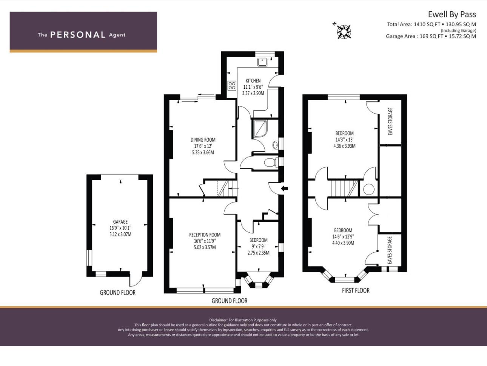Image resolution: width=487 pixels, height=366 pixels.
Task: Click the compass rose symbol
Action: [x=344, y=31]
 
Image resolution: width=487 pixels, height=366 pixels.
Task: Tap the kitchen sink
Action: [x=262, y=62]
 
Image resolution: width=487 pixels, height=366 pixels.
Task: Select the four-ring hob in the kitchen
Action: [x=232, y=86]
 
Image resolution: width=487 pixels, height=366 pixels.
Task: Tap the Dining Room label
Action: [x=203, y=140]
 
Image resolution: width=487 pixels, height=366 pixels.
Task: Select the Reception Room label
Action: [x=205, y=235]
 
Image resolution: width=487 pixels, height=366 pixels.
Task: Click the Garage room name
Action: [x=120, y=222]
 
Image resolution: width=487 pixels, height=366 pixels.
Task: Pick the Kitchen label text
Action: [x=253, y=81]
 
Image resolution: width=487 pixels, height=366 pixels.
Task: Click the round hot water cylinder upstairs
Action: [x=369, y=189]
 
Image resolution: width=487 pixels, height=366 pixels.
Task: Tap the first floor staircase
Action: [x=344, y=188]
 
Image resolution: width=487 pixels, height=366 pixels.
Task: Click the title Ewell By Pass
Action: [x=452, y=15]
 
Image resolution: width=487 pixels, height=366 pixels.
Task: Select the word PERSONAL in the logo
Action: [x=78, y=35]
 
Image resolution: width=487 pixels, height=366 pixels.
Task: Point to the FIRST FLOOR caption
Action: [x=356, y=290]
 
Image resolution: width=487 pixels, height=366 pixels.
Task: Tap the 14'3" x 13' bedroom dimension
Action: [x=344, y=140]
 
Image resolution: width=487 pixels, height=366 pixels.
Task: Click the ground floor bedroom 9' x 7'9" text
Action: [x=259, y=247]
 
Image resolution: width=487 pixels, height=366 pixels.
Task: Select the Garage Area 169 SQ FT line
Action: [x=431, y=36]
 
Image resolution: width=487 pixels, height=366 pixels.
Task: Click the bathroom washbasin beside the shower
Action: [x=275, y=145]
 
